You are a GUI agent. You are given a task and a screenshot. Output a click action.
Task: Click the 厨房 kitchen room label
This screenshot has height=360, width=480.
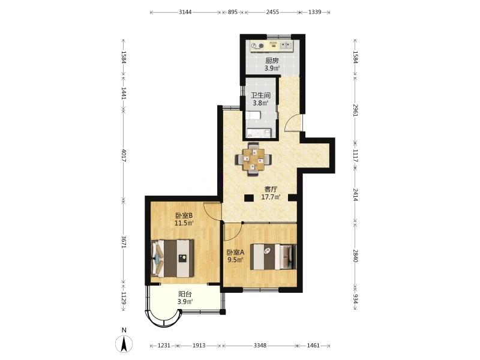(x=272, y=61)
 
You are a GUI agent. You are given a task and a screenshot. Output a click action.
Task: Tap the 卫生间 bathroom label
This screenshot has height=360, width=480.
(x=260, y=95)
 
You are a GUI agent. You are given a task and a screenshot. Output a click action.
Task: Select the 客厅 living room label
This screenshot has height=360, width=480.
(x=271, y=190)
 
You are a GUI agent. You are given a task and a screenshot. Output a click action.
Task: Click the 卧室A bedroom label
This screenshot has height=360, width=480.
(x=235, y=253)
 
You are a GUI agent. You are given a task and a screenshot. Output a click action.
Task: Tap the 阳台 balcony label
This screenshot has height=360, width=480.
(x=185, y=294)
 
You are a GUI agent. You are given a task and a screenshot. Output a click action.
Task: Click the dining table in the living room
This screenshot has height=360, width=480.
(x=253, y=159)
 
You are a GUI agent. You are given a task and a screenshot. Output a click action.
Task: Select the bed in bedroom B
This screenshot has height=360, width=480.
(x=173, y=259)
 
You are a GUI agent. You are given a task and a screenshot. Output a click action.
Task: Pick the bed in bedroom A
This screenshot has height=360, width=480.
(x=274, y=257)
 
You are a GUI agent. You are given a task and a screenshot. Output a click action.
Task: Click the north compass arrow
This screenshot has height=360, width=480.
(x=124, y=344)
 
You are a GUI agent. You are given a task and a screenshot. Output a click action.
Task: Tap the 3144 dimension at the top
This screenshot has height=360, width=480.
(x=185, y=12)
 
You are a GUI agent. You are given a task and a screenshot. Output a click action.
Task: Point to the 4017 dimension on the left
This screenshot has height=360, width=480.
(x=124, y=155)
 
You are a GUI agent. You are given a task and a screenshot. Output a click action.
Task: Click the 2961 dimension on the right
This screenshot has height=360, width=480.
(x=355, y=110)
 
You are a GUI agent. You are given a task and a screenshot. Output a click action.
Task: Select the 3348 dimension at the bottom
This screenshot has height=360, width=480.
(x=260, y=346)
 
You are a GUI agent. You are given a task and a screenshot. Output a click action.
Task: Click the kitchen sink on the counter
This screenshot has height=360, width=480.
(x=286, y=46)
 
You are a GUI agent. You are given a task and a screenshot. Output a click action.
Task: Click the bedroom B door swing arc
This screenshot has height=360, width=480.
(x=212, y=211)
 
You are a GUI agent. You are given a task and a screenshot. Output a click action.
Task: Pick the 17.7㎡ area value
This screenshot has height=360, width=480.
(x=271, y=197)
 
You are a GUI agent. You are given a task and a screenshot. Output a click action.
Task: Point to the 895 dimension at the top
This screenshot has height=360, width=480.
(x=233, y=12)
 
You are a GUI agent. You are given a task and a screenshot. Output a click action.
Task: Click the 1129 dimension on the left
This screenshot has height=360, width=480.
(x=124, y=298)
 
